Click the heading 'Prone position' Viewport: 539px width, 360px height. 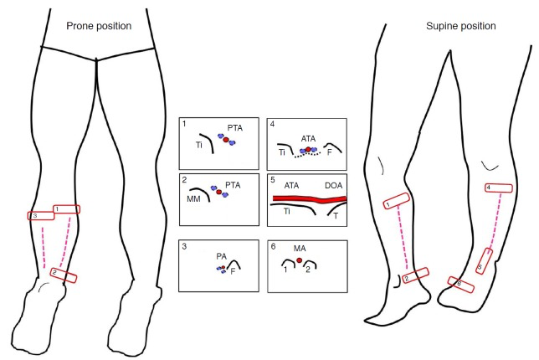click(x=99, y=26)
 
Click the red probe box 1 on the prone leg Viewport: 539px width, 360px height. click(x=66, y=208)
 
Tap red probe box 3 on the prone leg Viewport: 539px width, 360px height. click(x=39, y=215)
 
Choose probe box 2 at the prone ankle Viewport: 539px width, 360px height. click(x=64, y=274)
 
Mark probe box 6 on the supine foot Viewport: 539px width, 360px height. click(x=461, y=285)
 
